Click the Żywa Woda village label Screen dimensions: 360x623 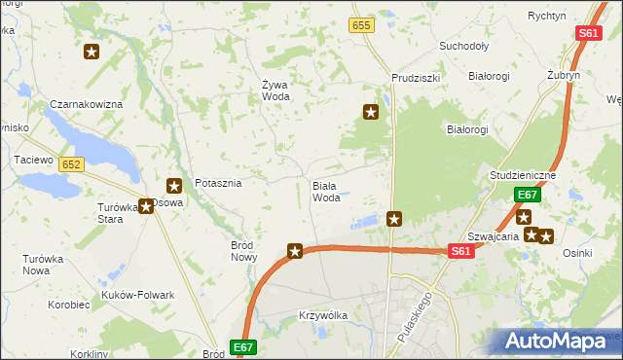[275, 90]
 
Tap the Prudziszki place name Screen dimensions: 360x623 [416, 77]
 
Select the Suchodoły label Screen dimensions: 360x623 [463, 46]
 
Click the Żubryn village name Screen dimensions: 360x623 [564, 75]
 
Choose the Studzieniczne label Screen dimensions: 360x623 [523, 175]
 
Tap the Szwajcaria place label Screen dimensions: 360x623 [490, 235]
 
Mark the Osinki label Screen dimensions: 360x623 [577, 253]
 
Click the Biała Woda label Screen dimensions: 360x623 [326, 191]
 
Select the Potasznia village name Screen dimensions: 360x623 [218, 183]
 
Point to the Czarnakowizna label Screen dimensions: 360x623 [87, 104]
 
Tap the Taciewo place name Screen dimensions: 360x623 [30, 159]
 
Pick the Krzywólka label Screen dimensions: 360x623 [324, 316]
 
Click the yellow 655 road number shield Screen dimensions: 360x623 [362, 26]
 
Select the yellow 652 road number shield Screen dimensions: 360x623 [70, 165]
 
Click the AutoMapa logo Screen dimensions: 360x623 [559, 341]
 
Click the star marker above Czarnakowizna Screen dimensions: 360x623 [92, 53]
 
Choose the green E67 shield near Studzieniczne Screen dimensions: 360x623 [527, 195]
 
